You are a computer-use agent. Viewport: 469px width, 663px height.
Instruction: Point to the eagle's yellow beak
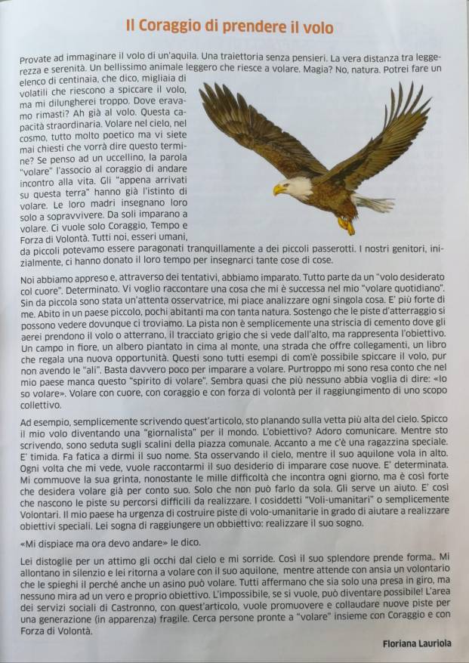point(279,190)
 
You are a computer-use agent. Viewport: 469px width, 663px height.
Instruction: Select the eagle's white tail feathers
point(375,202)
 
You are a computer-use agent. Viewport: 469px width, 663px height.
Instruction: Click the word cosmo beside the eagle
point(34,135)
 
